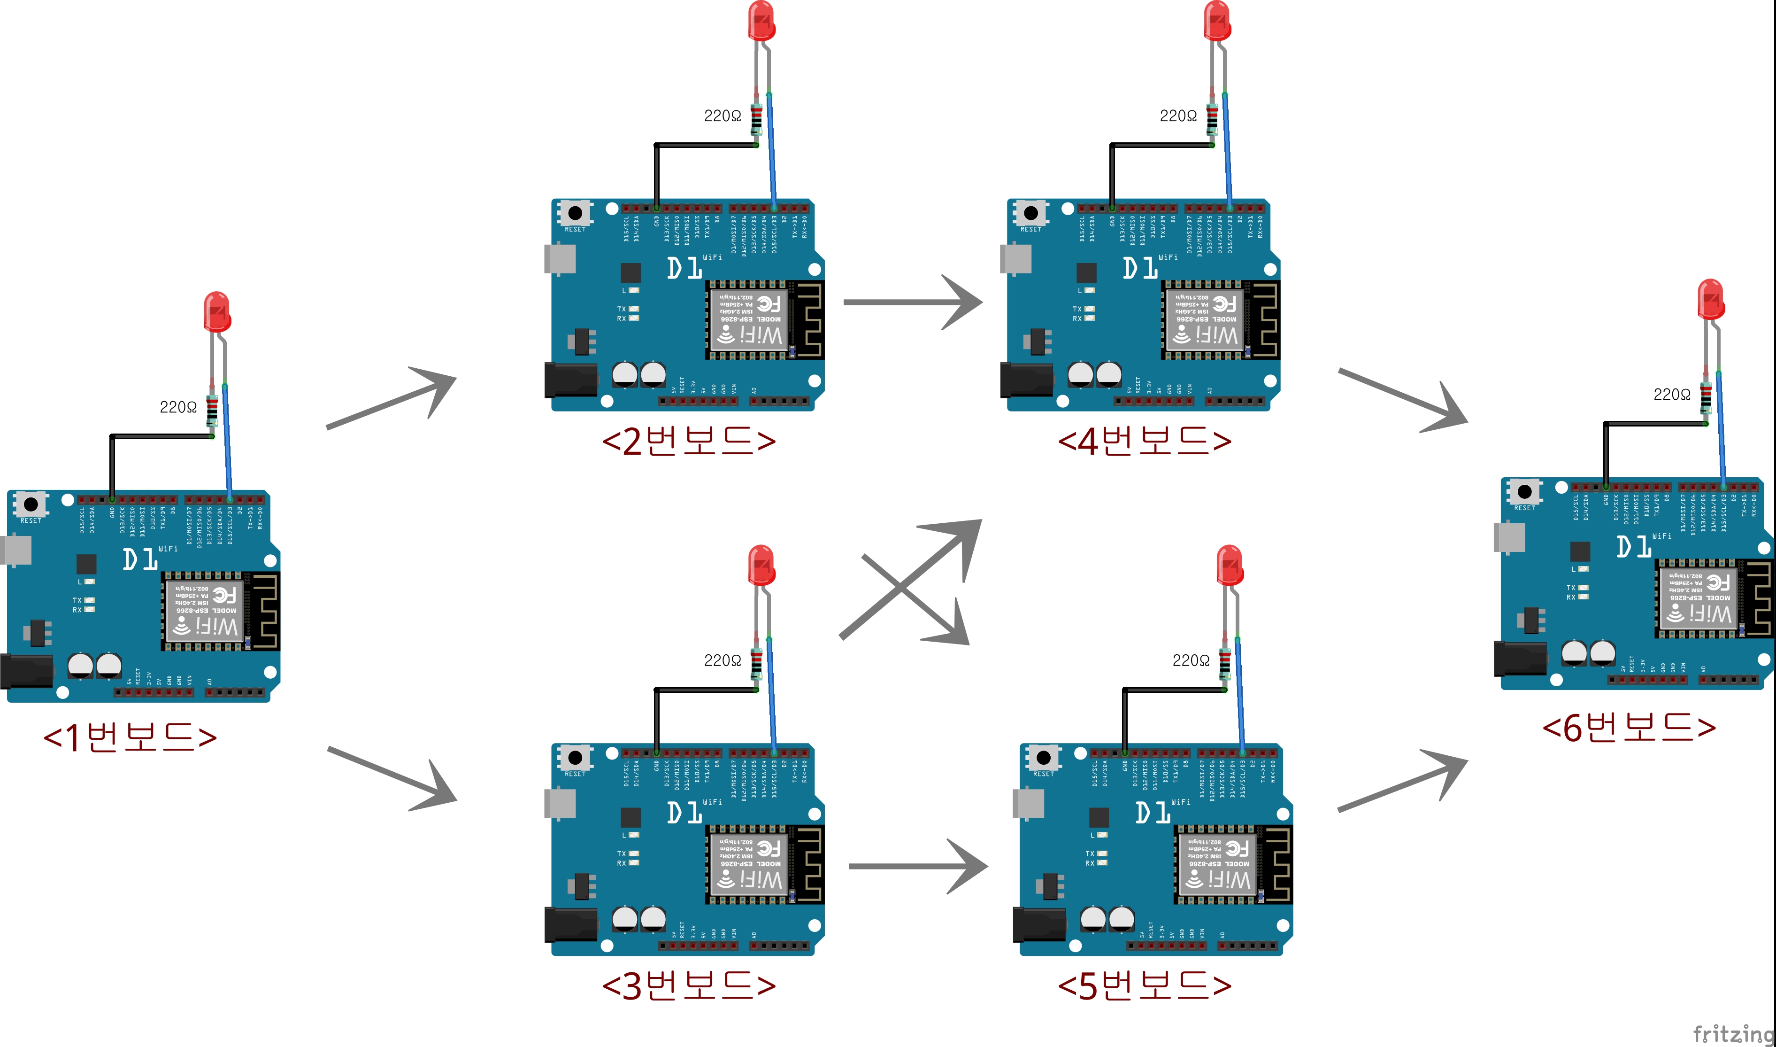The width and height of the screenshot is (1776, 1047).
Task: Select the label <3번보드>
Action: pos(689,985)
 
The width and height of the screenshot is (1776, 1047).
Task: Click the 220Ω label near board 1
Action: pos(177,407)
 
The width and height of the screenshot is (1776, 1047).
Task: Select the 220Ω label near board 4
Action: pos(1177,116)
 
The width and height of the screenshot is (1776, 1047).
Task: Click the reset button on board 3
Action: pos(575,758)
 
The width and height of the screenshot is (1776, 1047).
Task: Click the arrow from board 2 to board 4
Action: pos(913,302)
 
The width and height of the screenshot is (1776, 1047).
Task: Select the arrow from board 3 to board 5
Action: pos(918,866)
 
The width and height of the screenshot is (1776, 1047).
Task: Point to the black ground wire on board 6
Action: pos(1606,451)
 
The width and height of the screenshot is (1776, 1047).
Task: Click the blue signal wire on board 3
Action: pos(771,695)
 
